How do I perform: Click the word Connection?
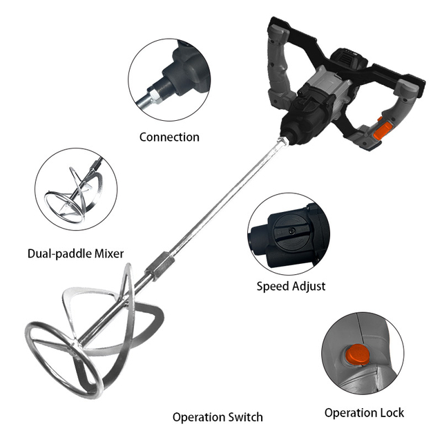click(169, 137)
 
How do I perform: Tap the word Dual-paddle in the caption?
click(60, 253)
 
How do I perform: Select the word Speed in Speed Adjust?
click(273, 287)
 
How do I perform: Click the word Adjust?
click(309, 287)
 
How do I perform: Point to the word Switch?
click(245, 417)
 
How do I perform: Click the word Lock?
click(392, 413)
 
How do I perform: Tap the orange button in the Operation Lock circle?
click(358, 355)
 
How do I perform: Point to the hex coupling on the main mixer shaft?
click(160, 267)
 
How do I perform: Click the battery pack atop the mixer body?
click(349, 61)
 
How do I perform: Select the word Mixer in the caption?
click(109, 253)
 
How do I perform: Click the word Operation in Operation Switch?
click(199, 418)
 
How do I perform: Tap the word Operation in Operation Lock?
click(350, 414)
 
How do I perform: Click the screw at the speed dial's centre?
click(291, 231)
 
